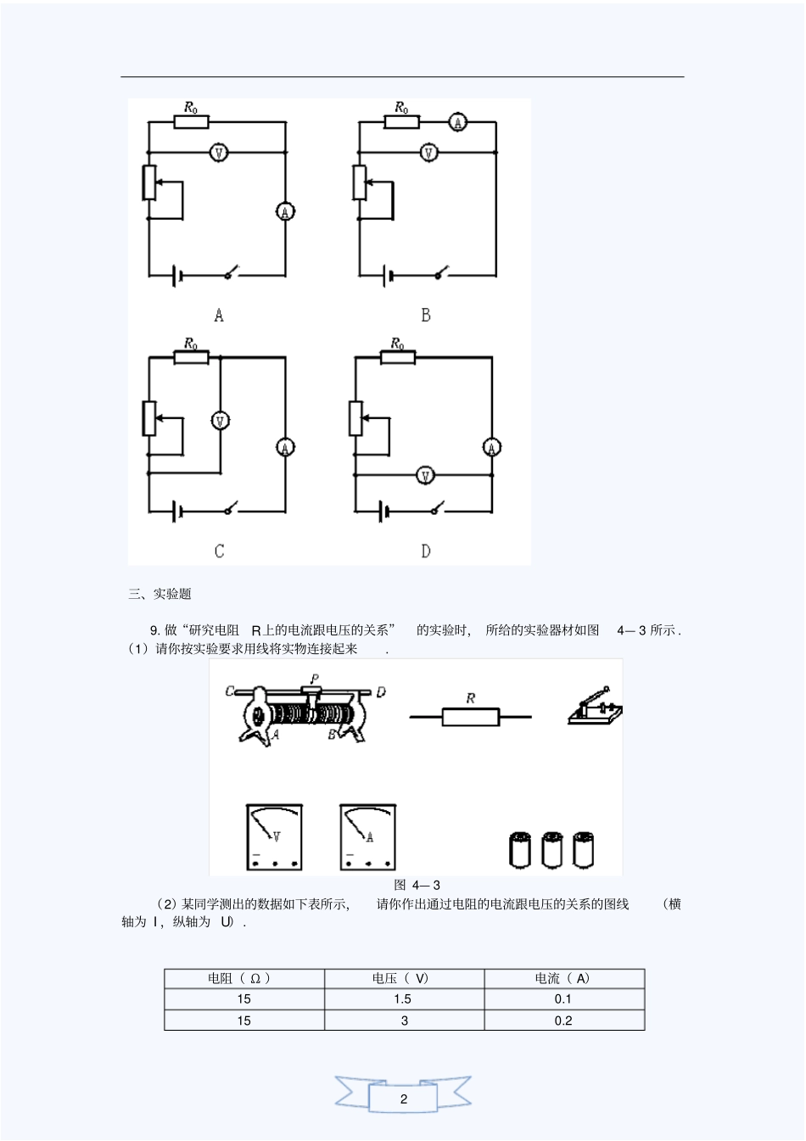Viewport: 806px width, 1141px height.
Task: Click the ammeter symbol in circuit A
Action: click(285, 212)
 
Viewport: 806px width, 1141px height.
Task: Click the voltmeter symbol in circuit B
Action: click(429, 153)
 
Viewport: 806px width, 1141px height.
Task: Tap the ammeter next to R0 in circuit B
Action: click(457, 122)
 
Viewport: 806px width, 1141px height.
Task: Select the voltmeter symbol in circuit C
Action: click(221, 420)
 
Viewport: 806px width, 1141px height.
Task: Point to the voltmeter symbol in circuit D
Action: click(425, 476)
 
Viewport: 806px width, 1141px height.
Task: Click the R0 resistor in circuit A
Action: click(191, 122)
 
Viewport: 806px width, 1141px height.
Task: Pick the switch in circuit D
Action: click(438, 510)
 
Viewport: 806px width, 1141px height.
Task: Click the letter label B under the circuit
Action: click(425, 316)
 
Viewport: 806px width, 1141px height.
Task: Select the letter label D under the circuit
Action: click(425, 551)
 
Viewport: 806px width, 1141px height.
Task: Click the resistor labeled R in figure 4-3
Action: click(470, 717)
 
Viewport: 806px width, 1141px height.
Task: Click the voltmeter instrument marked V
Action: click(274, 837)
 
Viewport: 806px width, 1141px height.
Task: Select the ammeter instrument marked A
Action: click(368, 837)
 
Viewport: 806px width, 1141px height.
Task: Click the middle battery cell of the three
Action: click(551, 850)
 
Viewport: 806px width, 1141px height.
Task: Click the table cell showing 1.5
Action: click(403, 999)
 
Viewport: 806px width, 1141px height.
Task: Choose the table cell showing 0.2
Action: click(563, 1021)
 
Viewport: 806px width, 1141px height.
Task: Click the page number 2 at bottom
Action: click(403, 1099)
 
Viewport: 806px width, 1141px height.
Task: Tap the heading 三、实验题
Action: click(160, 594)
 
